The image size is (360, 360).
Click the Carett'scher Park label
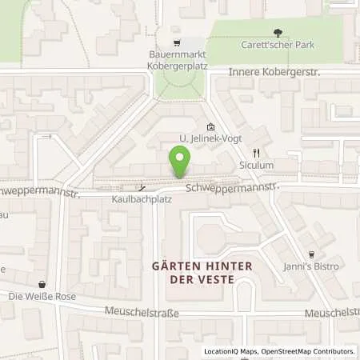click(x=278, y=46)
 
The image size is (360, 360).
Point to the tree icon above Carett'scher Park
click(x=278, y=33)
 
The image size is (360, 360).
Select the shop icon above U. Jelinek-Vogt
click(x=210, y=126)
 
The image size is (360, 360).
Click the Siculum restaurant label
click(x=256, y=166)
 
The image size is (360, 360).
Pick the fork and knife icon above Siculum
click(x=256, y=153)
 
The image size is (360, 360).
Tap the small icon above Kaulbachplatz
click(x=141, y=186)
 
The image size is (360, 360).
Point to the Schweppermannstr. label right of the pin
click(x=231, y=187)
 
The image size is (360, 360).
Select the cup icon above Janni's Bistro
click(x=313, y=253)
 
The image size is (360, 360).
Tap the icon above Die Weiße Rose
click(x=41, y=283)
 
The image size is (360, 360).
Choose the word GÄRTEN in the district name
click(x=180, y=266)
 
